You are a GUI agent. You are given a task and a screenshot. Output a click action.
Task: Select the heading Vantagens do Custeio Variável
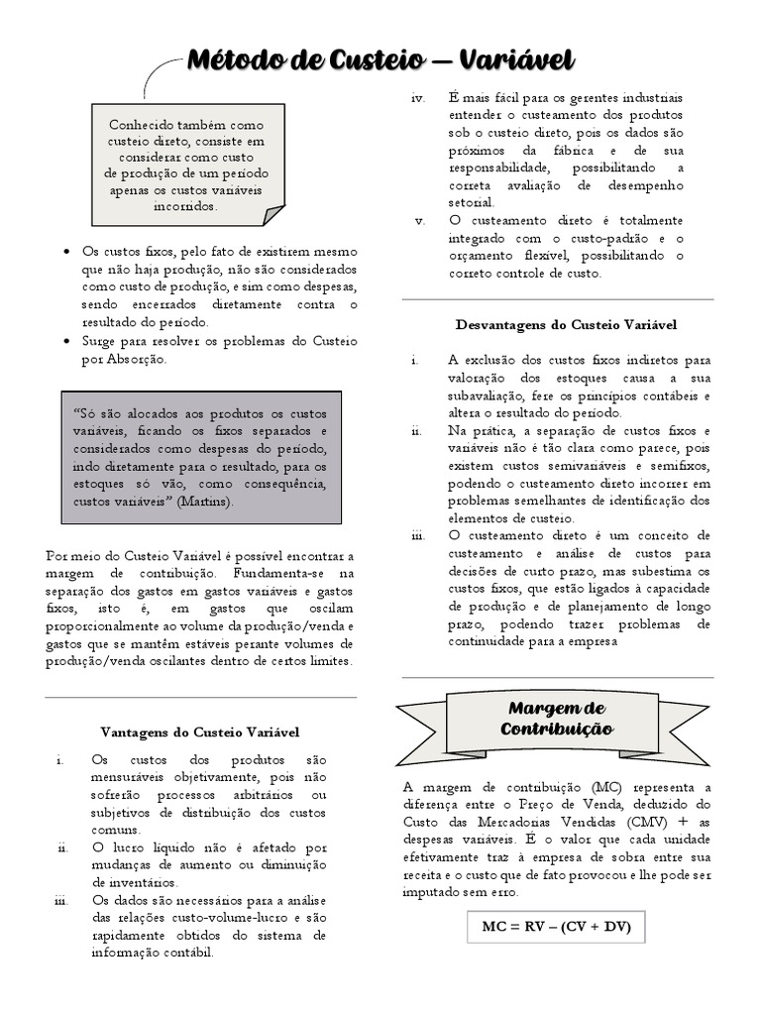pyautogui.click(x=200, y=732)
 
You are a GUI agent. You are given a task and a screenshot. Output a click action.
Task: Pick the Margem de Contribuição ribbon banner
pyautogui.click(x=557, y=719)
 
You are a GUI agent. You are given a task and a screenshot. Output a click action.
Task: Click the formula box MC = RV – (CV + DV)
pyautogui.click(x=556, y=928)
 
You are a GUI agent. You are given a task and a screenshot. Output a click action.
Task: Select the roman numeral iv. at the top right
pyautogui.click(x=417, y=97)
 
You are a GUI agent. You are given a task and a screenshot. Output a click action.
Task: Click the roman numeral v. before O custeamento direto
pyautogui.click(x=420, y=220)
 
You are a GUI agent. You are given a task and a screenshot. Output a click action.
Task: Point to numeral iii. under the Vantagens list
pyautogui.click(x=60, y=900)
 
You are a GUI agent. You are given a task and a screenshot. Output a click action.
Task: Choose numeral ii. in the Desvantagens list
pyautogui.click(x=417, y=430)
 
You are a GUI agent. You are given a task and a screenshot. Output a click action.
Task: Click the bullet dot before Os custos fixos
pyautogui.click(x=65, y=252)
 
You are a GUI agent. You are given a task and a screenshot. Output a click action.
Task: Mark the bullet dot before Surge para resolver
pyautogui.click(x=65, y=341)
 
